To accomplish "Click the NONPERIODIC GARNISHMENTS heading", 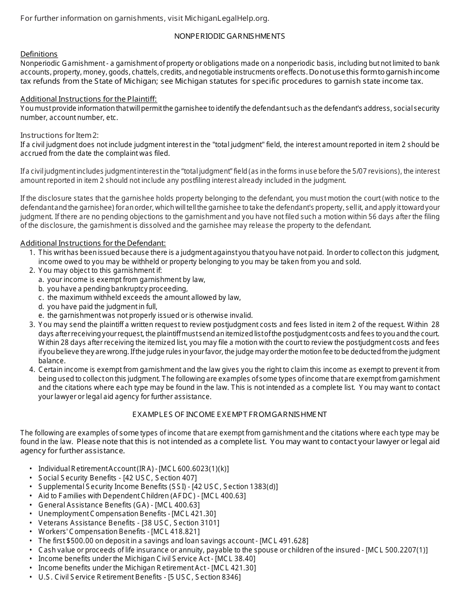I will point(230,36).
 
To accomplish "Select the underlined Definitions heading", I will point(39,54).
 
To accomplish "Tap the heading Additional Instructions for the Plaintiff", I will point(89,99).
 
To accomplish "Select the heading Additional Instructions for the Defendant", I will point(93,243).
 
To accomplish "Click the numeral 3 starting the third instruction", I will point(32,325).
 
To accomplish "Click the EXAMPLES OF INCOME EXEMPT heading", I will point(230,415).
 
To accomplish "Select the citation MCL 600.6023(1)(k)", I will point(194,469).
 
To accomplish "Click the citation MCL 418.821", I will point(167,532).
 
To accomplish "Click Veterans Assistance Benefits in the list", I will point(86,523).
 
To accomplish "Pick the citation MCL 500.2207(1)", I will point(397,550).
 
